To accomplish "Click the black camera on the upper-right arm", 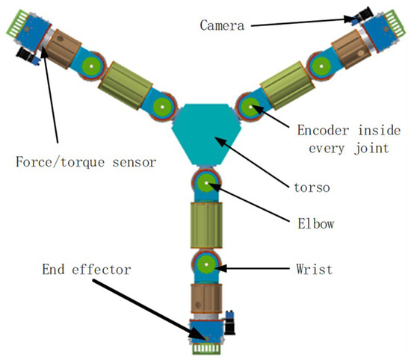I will [x=364, y=14].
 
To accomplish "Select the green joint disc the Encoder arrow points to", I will [x=249, y=105].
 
